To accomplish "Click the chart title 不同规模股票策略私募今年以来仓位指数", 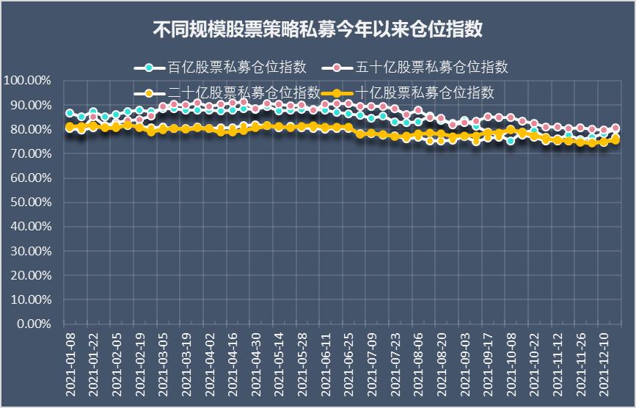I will coord(317,30).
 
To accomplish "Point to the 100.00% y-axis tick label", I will coord(27,80).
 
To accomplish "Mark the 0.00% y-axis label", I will coord(32,324).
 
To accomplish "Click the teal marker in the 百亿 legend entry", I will coord(150,68).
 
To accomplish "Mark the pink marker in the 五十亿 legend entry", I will coord(337,68).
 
